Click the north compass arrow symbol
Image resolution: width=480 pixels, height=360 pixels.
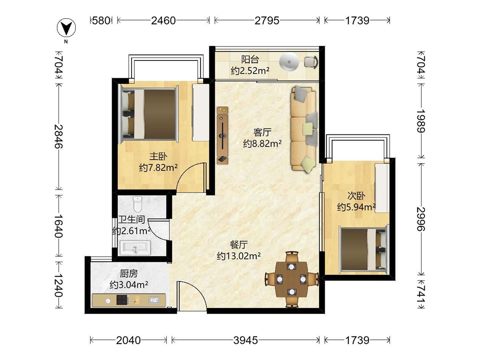[x=66, y=28]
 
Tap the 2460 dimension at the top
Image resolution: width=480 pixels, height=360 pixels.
[x=164, y=21]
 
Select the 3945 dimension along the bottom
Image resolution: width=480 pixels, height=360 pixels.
[x=245, y=340]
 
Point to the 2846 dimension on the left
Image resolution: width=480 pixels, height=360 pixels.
[x=59, y=136]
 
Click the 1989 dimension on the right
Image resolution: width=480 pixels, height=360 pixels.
[x=421, y=120]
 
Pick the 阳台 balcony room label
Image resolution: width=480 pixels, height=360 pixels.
[x=250, y=60]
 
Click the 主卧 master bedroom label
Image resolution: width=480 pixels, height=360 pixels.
[x=158, y=156]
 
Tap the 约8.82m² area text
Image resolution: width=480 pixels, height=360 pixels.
[x=263, y=143]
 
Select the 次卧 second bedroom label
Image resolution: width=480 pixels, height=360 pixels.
[x=356, y=195]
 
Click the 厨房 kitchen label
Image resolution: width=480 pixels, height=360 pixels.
[x=129, y=273]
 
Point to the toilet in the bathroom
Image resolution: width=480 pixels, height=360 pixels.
[x=138, y=204]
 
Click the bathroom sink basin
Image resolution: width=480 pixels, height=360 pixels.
[x=135, y=248]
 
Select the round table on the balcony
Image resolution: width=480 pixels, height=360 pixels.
[x=288, y=62]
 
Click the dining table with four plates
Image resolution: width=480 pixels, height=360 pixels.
[x=292, y=279]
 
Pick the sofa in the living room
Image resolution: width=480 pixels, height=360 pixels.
[x=304, y=128]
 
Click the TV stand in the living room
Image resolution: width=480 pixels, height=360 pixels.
[x=223, y=135]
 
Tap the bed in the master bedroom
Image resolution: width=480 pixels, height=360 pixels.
[x=150, y=114]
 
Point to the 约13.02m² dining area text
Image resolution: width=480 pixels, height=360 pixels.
[x=239, y=256]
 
